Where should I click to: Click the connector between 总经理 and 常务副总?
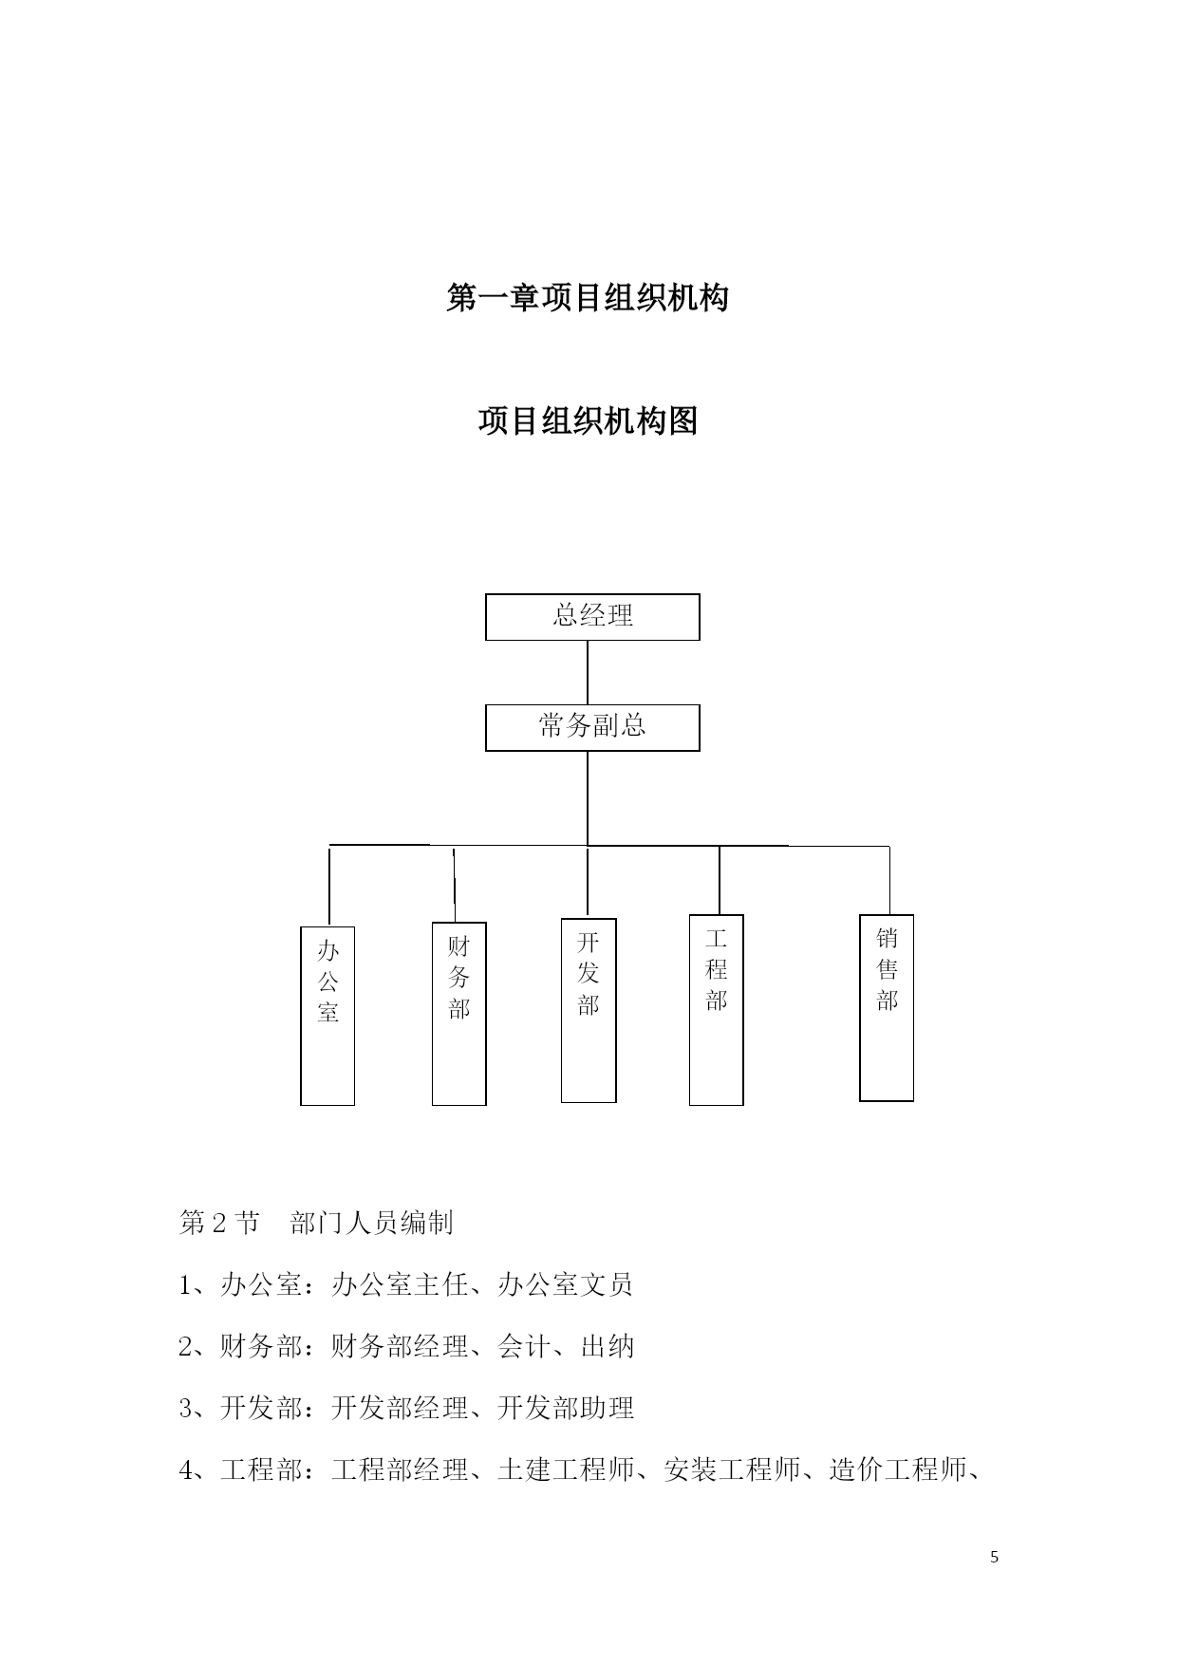(x=588, y=673)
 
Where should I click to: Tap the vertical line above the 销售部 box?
(x=889, y=880)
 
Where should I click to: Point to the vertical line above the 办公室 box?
(x=329, y=885)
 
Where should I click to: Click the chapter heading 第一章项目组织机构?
(x=588, y=298)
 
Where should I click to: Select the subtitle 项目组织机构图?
(x=588, y=420)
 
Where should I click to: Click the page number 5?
(x=994, y=1557)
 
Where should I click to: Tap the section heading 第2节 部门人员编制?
(x=316, y=1223)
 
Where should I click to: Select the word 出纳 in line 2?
(x=608, y=1347)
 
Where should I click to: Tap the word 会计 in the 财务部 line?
(x=524, y=1347)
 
